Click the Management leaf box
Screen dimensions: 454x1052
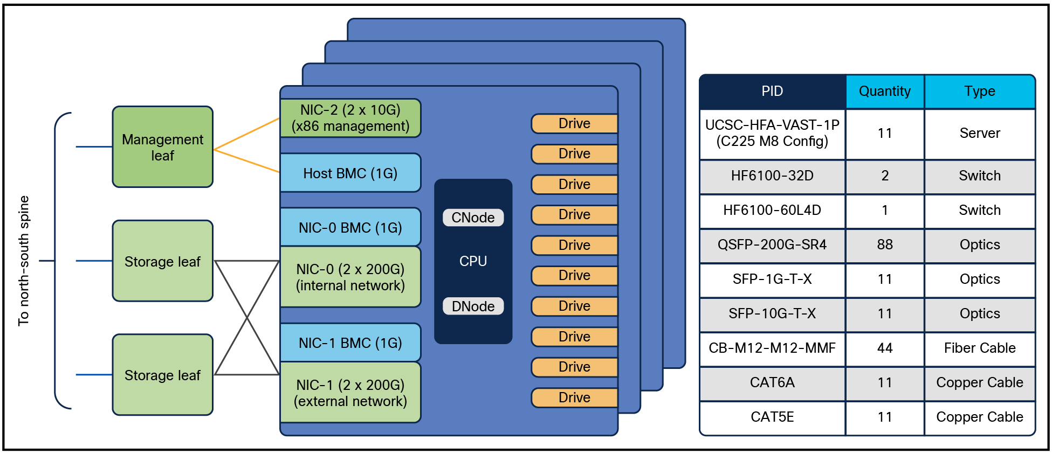click(162, 147)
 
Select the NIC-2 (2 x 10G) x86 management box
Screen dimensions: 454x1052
click(350, 118)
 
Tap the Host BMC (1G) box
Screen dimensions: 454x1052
click(350, 173)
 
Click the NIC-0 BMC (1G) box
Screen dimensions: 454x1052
click(350, 227)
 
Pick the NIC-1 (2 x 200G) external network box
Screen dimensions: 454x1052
click(350, 393)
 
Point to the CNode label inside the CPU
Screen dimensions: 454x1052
click(473, 218)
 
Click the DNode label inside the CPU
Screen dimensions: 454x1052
click(473, 306)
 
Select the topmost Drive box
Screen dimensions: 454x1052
click(574, 123)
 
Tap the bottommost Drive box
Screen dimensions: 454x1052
click(574, 397)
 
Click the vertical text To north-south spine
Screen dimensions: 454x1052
click(24, 261)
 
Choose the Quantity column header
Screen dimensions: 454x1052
click(884, 92)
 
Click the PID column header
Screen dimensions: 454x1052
click(772, 92)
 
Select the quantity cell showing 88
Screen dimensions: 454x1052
click(884, 245)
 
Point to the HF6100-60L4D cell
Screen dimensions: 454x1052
click(772, 210)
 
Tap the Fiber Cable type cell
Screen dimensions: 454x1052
click(979, 348)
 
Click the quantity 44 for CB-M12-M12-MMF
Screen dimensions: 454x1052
click(884, 348)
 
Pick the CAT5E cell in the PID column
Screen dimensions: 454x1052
click(772, 417)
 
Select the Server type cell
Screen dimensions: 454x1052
click(979, 133)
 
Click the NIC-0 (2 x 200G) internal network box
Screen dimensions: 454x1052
click(350, 277)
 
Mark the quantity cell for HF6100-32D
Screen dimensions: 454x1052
click(884, 176)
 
